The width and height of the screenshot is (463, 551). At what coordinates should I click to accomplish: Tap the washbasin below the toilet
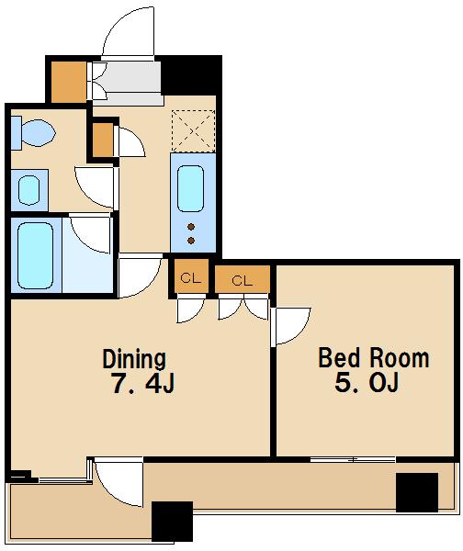(x=29, y=190)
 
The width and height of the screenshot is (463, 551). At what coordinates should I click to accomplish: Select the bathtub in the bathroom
(x=36, y=255)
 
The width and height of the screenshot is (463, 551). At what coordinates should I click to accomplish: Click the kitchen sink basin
(x=190, y=188)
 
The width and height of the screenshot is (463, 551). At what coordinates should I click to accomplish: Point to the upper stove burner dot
(x=191, y=227)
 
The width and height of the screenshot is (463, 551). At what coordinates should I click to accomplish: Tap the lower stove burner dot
(x=191, y=241)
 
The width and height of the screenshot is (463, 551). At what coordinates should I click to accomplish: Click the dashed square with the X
(x=193, y=130)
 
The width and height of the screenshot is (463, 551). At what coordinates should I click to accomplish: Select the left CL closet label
(x=190, y=278)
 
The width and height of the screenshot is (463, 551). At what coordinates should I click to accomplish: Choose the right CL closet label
(x=243, y=280)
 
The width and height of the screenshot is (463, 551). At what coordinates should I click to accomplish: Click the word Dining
(x=134, y=359)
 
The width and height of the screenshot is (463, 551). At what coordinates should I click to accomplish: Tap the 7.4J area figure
(x=142, y=383)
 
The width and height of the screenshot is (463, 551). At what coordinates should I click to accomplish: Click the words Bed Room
(x=373, y=358)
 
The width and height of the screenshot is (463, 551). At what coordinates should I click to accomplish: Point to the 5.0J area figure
(x=367, y=382)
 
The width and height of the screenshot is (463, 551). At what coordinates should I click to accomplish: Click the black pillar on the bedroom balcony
(x=417, y=492)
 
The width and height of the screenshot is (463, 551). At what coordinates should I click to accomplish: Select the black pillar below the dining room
(x=173, y=522)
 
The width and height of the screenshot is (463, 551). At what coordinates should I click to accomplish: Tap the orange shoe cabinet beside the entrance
(x=69, y=83)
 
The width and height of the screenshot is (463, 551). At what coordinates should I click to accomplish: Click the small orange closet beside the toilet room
(x=103, y=140)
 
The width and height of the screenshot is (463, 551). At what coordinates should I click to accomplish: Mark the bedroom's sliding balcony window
(x=353, y=459)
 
